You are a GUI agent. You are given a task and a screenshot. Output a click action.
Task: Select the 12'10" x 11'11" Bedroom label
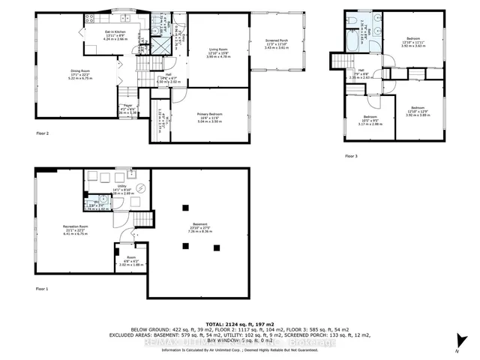(x=414, y=43)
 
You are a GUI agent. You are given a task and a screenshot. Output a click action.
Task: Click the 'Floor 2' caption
(x=42, y=133)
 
